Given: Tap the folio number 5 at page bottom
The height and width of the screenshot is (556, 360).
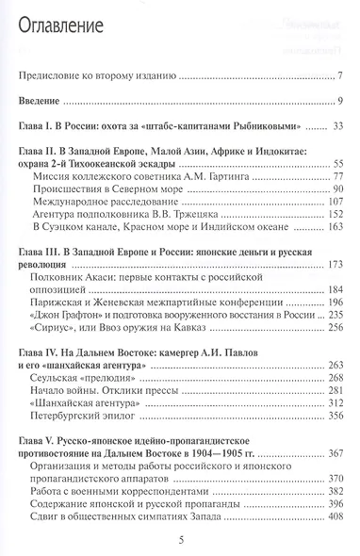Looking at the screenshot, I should pyautogui.click(x=180, y=537).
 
